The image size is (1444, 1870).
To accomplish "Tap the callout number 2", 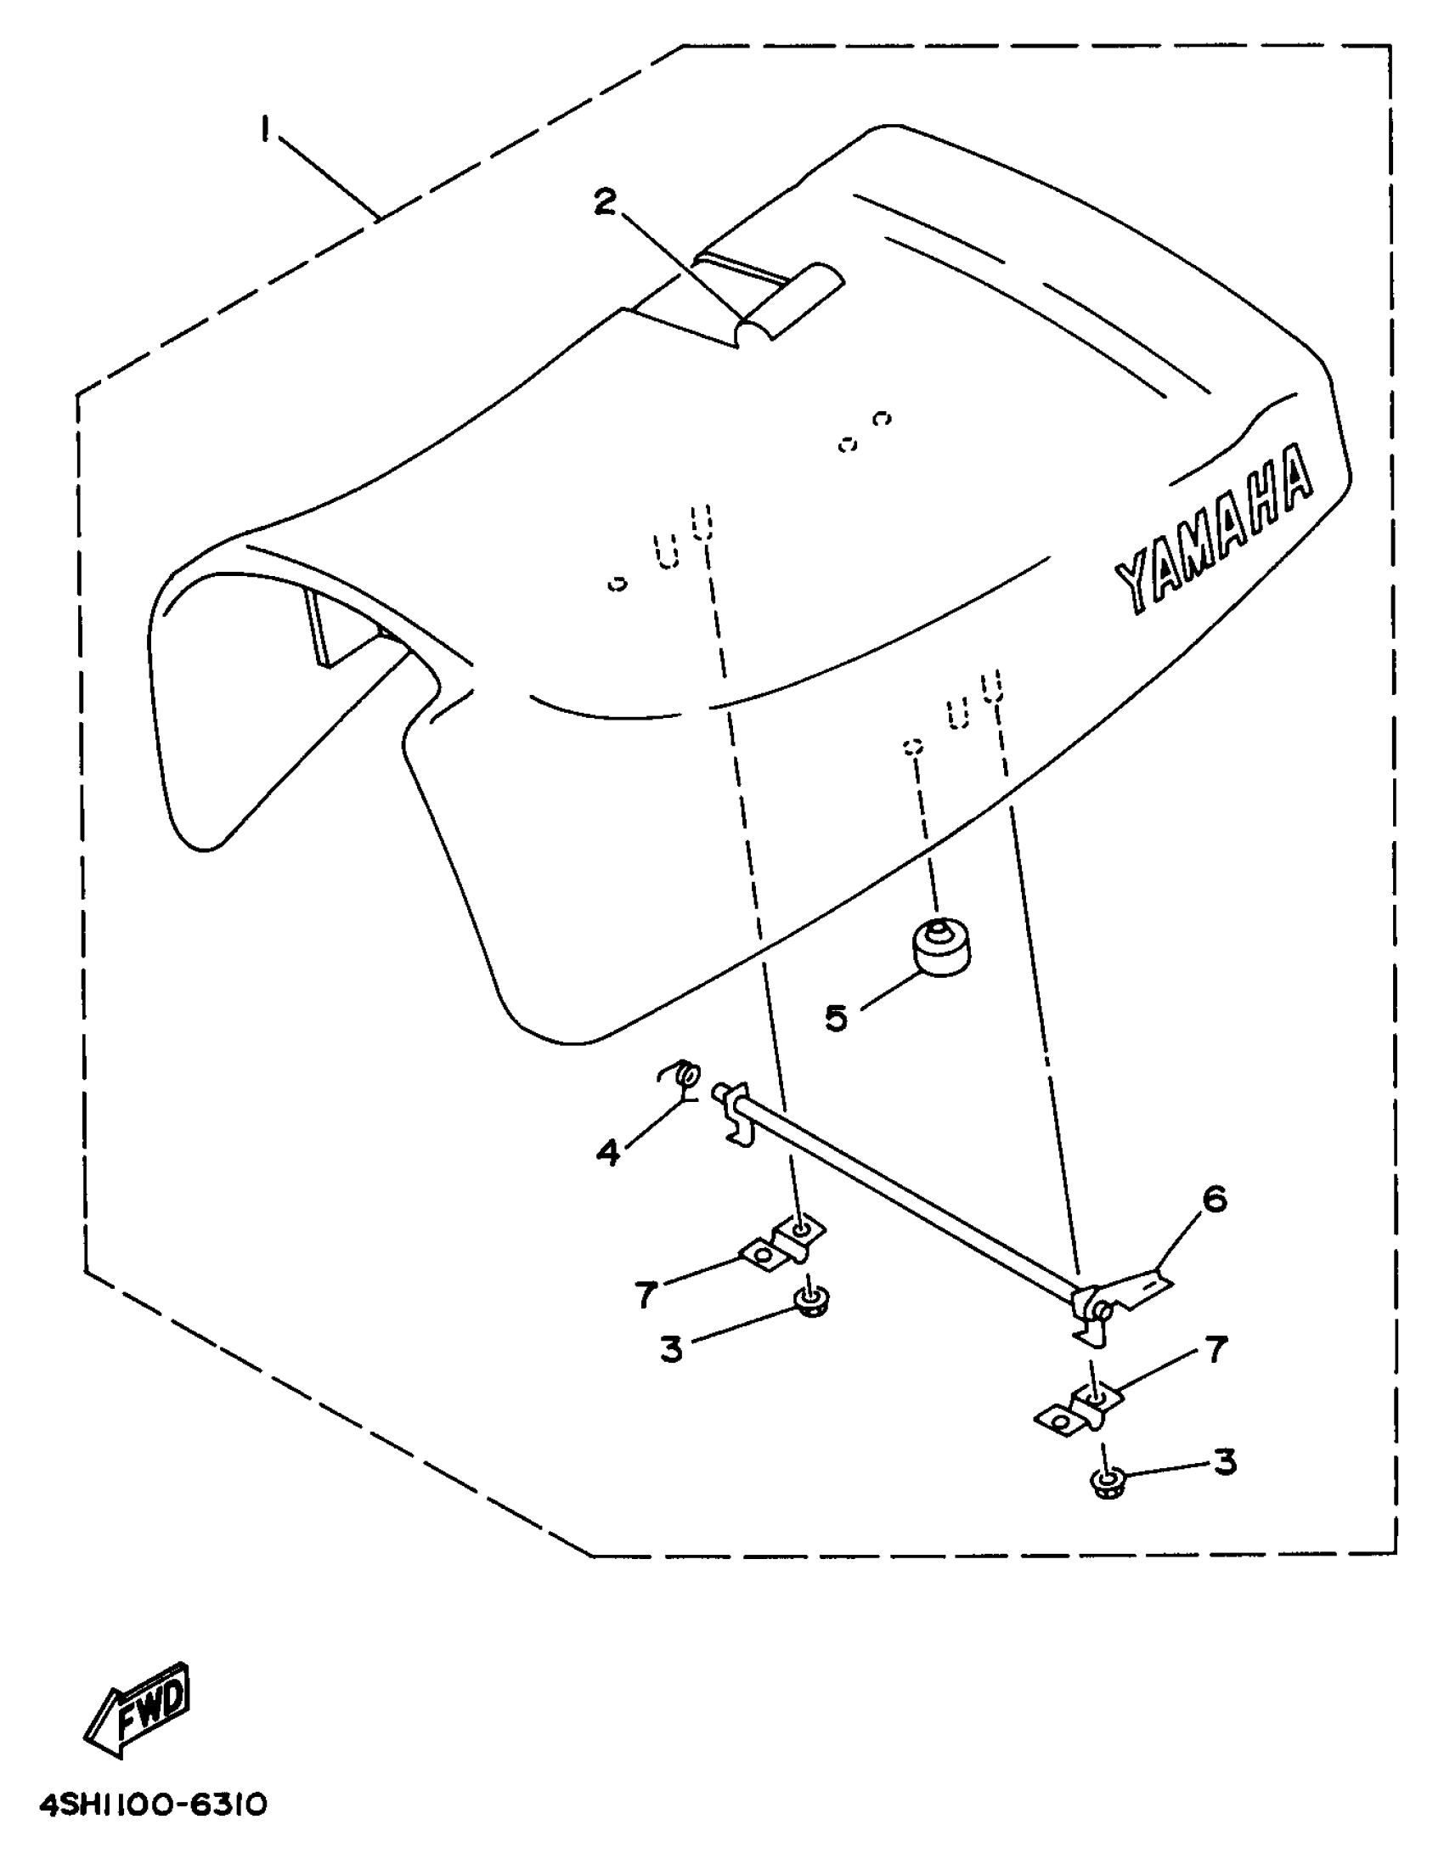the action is click(x=604, y=203).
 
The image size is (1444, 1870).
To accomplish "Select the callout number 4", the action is click(x=606, y=1152).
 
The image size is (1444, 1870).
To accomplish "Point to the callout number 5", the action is click(x=836, y=1018).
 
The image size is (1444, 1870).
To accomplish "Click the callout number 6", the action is click(x=1214, y=1200).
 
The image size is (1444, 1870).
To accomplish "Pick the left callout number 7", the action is click(x=646, y=1294).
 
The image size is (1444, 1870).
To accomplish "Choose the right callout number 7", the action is click(x=1216, y=1350).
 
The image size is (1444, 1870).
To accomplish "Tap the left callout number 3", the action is click(x=671, y=1349).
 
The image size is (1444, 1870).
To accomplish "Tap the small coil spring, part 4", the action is click(x=685, y=1075).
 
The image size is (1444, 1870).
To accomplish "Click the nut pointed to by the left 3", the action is click(x=809, y=1302).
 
